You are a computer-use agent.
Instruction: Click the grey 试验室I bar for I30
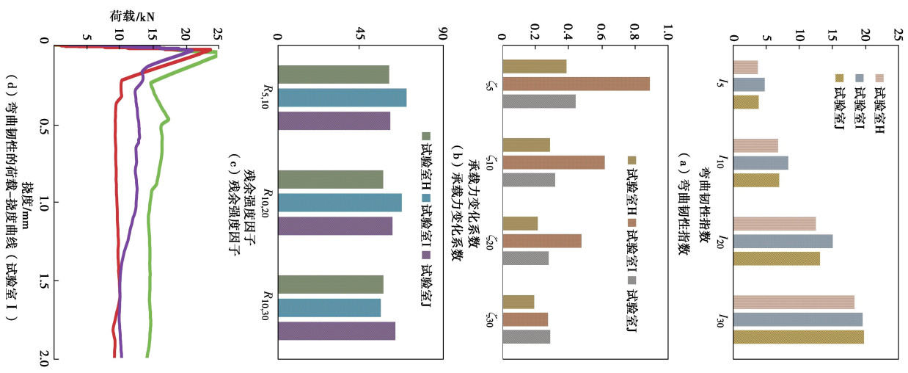pos(797,319)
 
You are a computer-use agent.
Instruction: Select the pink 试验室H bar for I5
pos(745,68)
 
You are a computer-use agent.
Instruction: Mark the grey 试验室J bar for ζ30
pos(526,336)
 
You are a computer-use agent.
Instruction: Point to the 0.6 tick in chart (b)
pos(601,34)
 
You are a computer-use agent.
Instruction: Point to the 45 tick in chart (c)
pos(359,34)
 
